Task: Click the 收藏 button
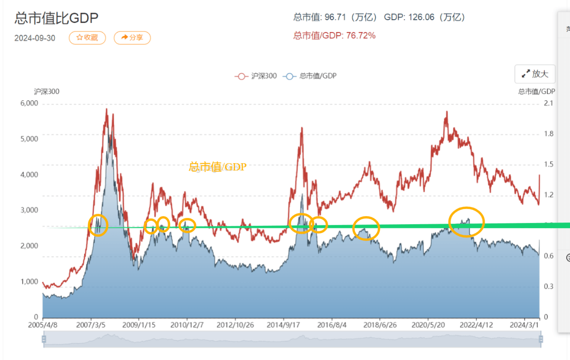87,38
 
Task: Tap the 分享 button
132,38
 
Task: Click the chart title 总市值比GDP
57,18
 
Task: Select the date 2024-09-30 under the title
35,38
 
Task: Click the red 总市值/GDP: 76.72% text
334,36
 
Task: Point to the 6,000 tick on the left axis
29,103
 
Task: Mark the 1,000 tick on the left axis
29,282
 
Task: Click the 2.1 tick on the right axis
548,103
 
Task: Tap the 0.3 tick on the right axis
548,287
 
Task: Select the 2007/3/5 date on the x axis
91,325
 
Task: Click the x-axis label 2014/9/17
283,325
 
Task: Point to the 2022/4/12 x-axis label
476,325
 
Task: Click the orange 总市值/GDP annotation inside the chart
218,167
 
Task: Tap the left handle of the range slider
44,340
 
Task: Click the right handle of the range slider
541,340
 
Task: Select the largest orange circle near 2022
466,222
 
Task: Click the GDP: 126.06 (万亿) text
424,17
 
